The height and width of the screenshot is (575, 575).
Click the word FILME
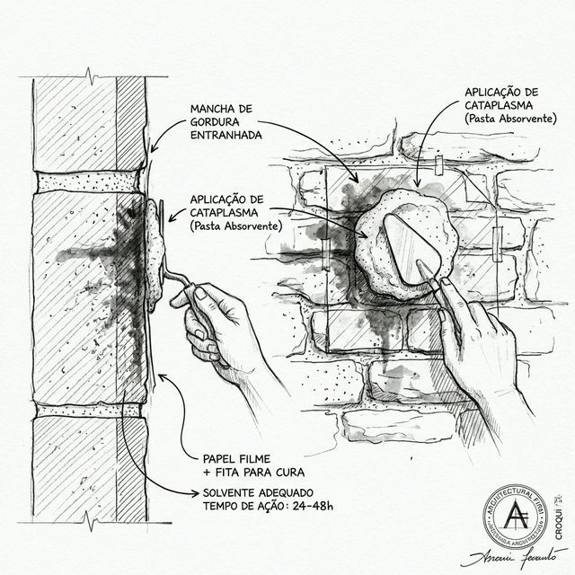(x=263, y=456)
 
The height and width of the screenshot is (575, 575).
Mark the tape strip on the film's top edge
(x=438, y=166)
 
